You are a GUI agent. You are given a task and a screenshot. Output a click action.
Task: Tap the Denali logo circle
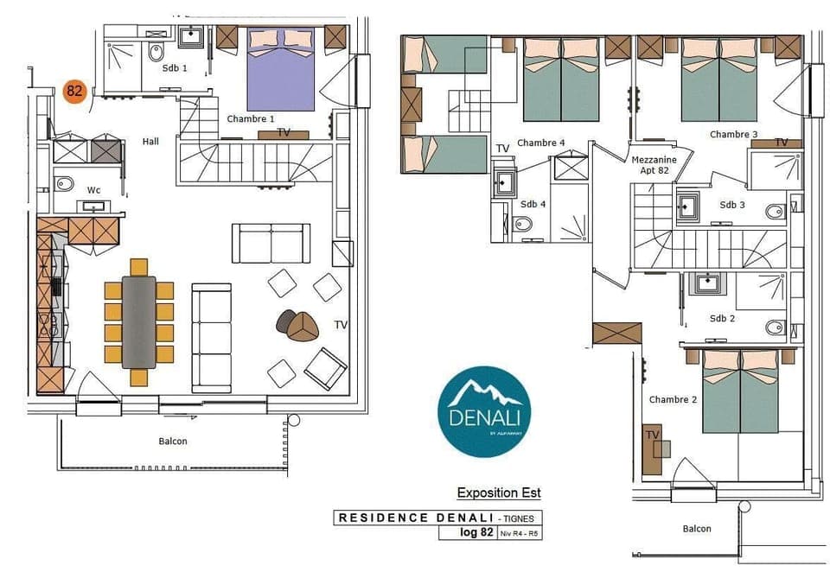point(484,410)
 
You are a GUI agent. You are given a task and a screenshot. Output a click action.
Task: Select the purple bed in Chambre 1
point(281,69)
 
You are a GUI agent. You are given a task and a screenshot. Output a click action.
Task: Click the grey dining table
point(138,319)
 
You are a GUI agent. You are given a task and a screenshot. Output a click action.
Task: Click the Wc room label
point(94,190)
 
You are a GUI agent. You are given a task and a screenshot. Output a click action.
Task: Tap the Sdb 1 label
point(174,68)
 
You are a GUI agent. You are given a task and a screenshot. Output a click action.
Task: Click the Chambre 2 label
point(673,399)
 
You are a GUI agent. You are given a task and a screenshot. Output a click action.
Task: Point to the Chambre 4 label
point(541,143)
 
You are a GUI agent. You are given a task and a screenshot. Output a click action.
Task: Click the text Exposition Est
point(499,493)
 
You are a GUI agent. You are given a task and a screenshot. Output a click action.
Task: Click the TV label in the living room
point(341,325)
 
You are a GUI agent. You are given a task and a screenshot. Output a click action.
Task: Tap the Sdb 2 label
point(722,318)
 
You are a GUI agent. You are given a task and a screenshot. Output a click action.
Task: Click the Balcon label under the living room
point(173,441)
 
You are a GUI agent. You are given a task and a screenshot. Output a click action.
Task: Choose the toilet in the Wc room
point(64,182)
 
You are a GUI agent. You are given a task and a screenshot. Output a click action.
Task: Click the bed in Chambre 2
point(740,392)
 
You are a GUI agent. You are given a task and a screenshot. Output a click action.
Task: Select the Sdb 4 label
point(533,204)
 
